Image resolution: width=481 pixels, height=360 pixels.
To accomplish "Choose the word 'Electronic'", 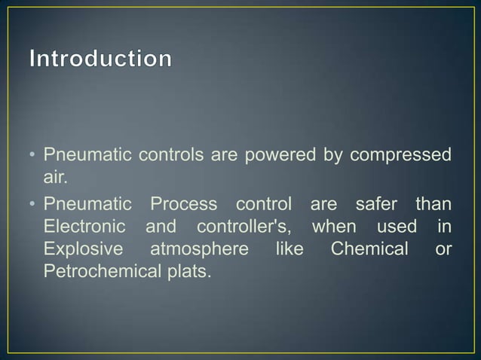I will pyautogui.click(x=82, y=227).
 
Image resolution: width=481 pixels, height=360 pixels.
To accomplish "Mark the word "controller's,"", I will pyautogui.click(x=244, y=227).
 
